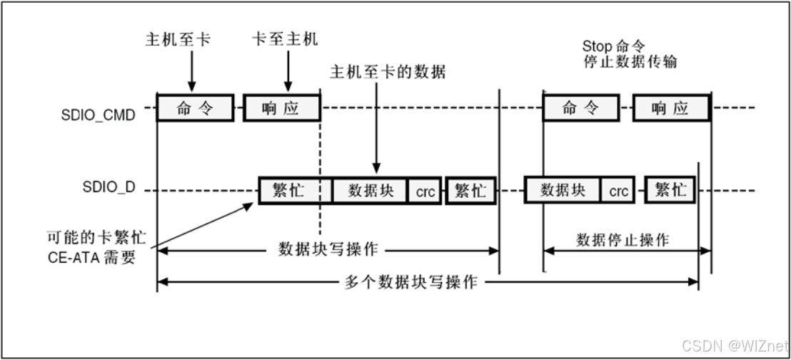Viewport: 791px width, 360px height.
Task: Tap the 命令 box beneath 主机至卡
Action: pyautogui.click(x=195, y=109)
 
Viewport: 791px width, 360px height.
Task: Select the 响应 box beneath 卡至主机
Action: pyautogui.click(x=282, y=109)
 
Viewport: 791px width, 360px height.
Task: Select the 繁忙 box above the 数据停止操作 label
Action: pyautogui.click(x=671, y=191)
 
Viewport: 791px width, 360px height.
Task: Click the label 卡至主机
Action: pyautogui.click(x=285, y=40)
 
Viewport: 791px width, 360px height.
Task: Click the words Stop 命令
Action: pyautogui.click(x=618, y=46)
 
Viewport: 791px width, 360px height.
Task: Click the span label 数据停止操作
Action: pyautogui.click(x=623, y=239)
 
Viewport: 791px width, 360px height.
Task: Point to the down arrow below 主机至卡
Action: pyautogui.click(x=191, y=71)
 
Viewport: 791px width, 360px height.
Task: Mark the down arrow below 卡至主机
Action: pyautogui.click(x=286, y=71)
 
